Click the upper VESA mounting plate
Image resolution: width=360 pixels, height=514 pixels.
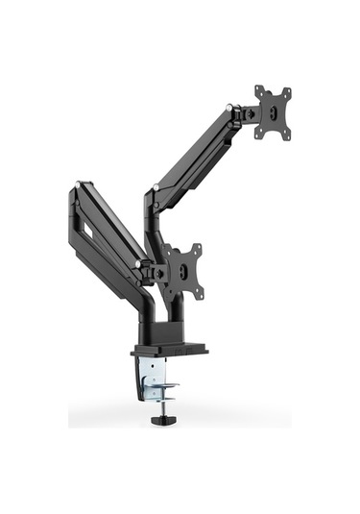273,112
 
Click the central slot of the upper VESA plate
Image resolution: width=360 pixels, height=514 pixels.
274,112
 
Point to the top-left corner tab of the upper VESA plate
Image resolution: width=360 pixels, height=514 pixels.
259,91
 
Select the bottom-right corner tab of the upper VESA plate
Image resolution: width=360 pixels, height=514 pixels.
286,135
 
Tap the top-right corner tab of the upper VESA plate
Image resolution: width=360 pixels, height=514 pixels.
286,91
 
